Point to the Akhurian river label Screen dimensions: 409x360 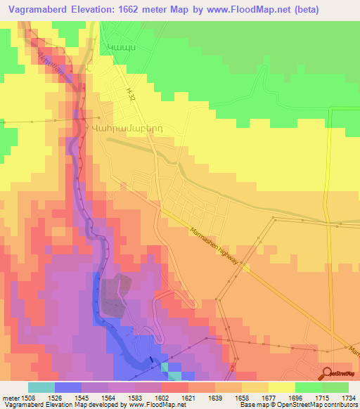[x=50, y=60]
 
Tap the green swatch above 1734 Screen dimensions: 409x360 [x=335, y=387]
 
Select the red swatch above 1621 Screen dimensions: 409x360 [x=174, y=387]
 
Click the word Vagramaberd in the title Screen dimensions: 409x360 [x=35, y=10]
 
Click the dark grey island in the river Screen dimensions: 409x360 [x=117, y=294]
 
